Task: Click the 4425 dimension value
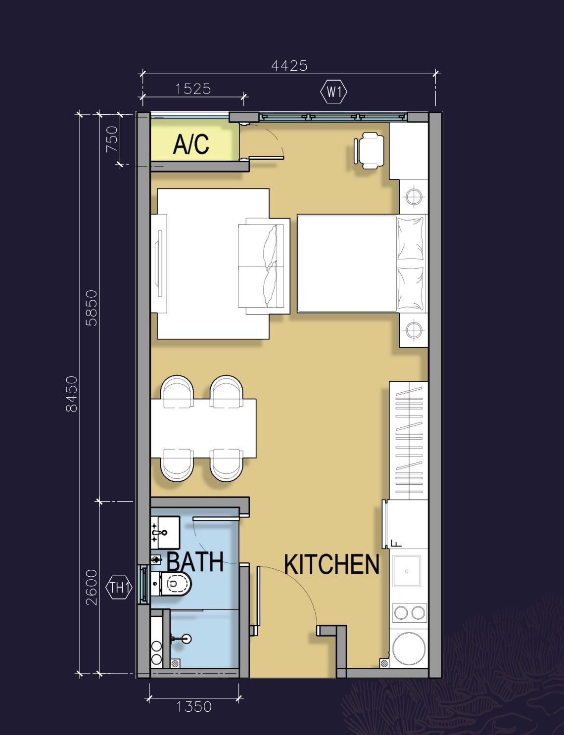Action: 289,65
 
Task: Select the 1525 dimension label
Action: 193,89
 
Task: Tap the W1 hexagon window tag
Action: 334,92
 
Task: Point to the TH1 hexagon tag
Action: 119,588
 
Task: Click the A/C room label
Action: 191,144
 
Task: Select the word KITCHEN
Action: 331,564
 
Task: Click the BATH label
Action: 195,562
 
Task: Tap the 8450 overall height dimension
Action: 72,394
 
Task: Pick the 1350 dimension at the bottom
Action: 194,707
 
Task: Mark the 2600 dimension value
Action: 92,587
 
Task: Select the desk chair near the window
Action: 369,150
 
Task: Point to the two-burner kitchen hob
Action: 409,613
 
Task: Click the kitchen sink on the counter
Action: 407,571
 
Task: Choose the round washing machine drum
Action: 409,648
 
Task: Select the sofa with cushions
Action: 264,266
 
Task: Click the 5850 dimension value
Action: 92,308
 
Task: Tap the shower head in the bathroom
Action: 186,639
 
